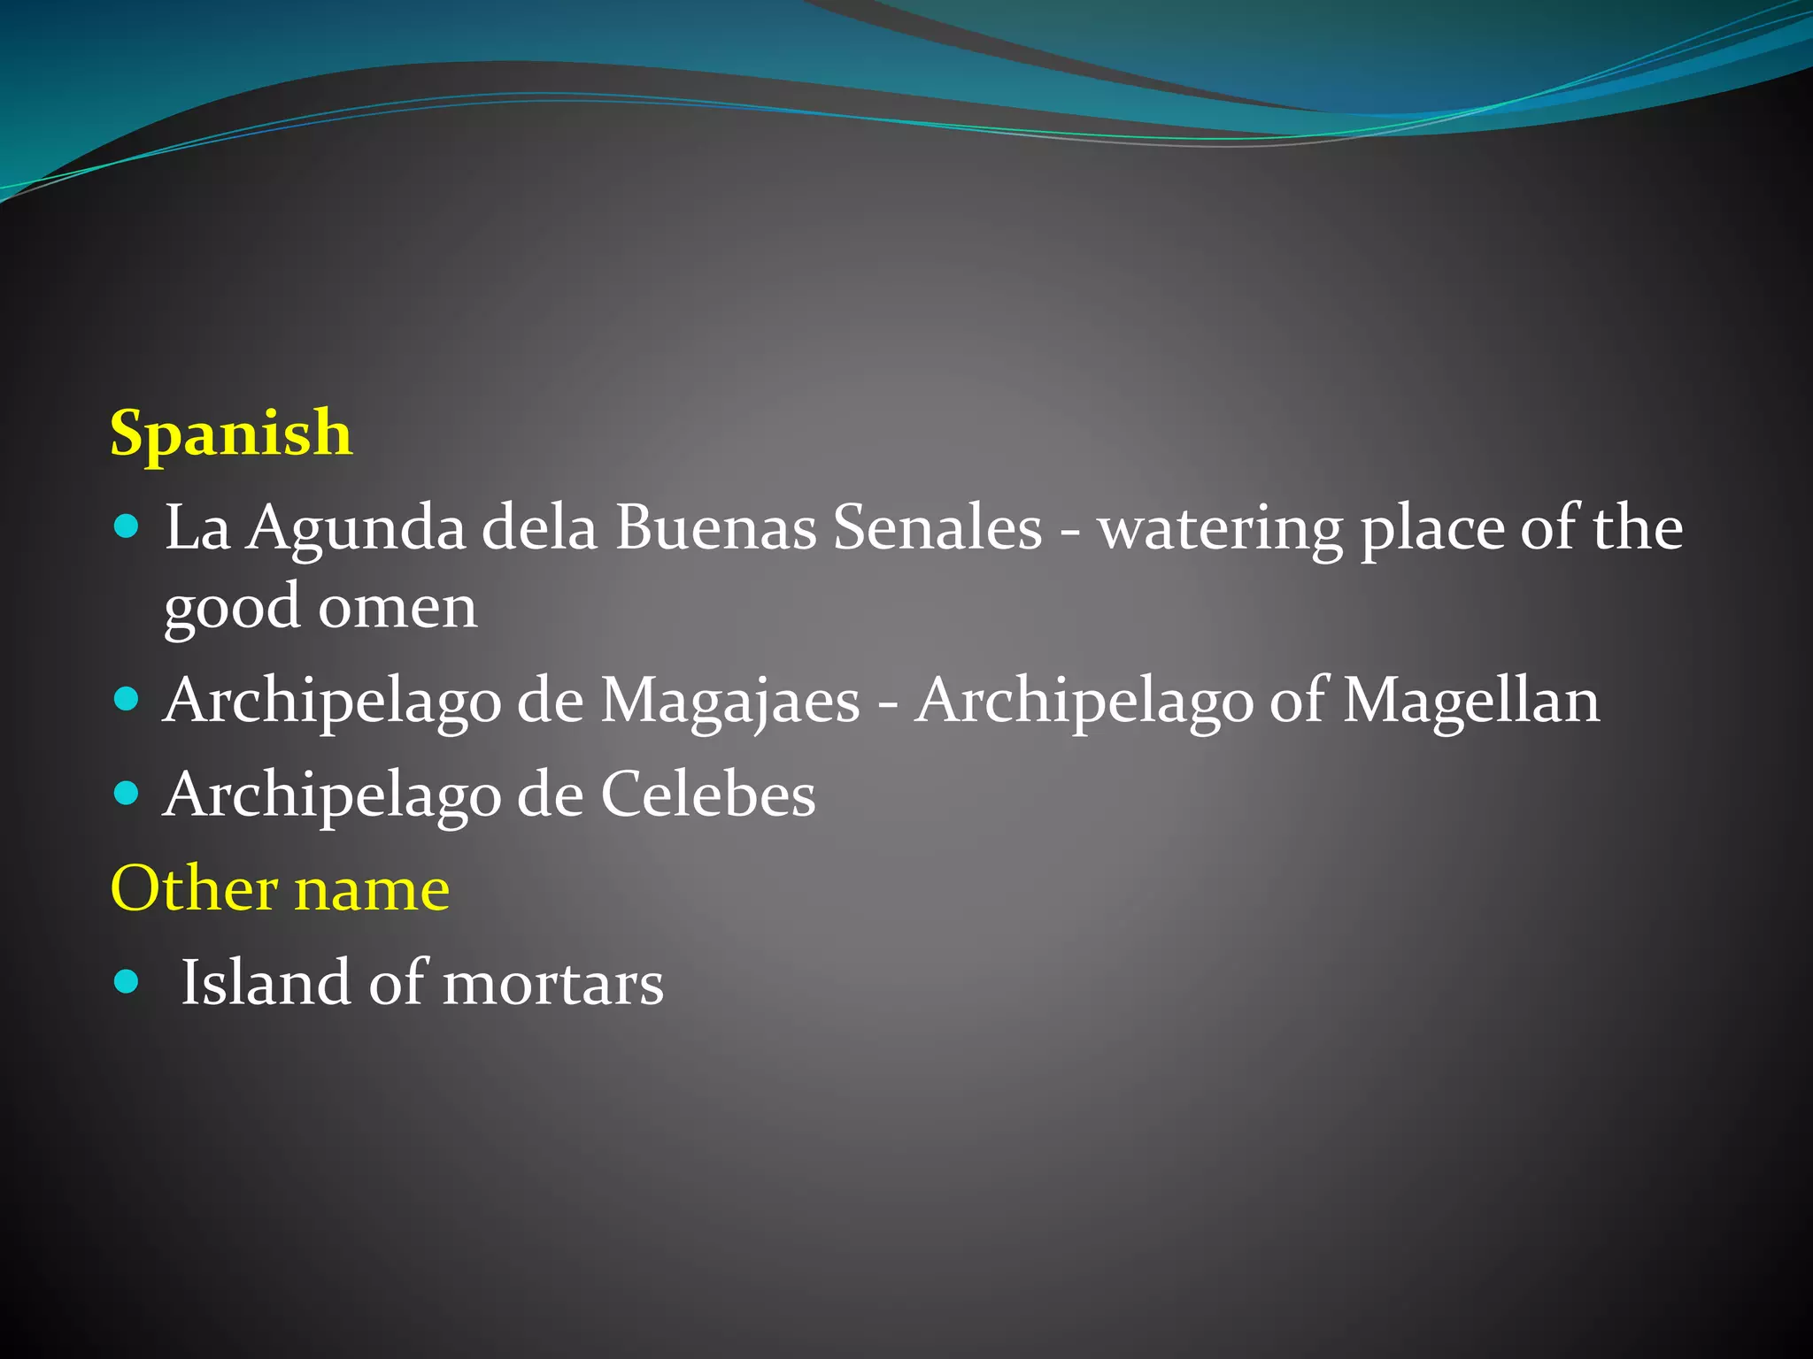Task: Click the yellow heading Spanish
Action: pyautogui.click(x=231, y=434)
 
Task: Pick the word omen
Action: pyautogui.click(x=397, y=609)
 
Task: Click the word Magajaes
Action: pyautogui.click(x=730, y=701)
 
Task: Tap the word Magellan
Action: pyautogui.click(x=1471, y=701)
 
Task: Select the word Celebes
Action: pyautogui.click(x=708, y=795)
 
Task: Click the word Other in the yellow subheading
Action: pyautogui.click(x=194, y=888)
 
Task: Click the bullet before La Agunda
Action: pyautogui.click(x=127, y=527)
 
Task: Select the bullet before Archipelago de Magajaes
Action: pyautogui.click(x=127, y=700)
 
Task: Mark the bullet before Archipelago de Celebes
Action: pyautogui.click(x=127, y=793)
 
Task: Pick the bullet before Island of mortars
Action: pyautogui.click(x=127, y=981)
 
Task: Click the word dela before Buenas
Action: pyautogui.click(x=539, y=527)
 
